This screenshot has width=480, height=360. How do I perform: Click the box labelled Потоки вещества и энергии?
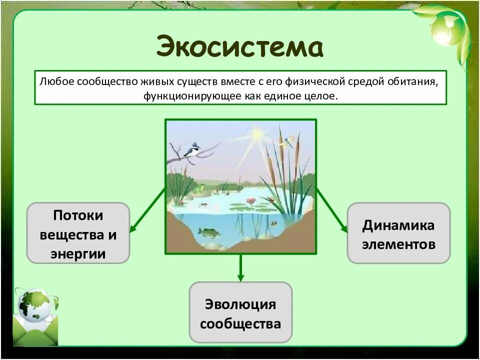click(78, 233)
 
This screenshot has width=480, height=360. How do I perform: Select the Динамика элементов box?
click(398, 233)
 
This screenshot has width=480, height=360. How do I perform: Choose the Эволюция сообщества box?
click(240, 312)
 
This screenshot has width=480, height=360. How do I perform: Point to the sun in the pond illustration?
click(258, 134)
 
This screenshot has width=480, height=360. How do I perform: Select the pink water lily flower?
click(251, 201)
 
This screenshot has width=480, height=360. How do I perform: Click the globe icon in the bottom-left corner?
click(33, 306)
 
